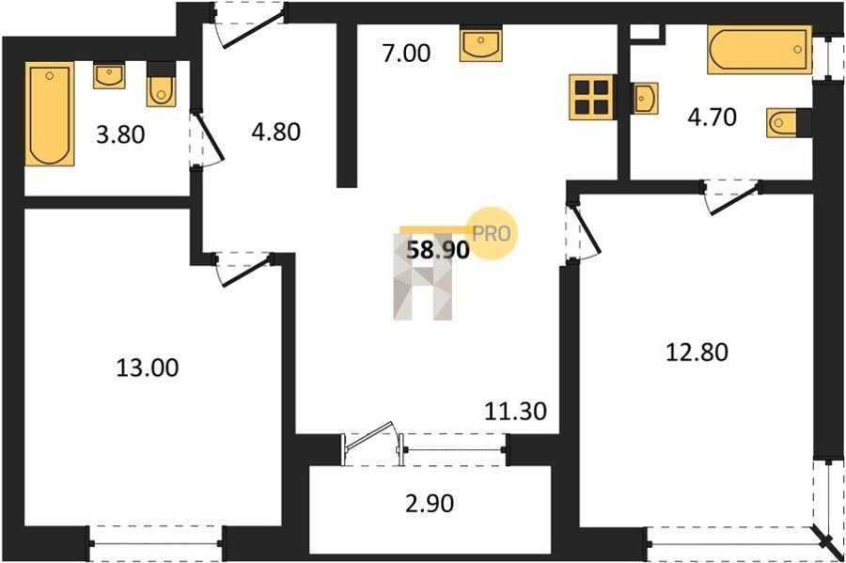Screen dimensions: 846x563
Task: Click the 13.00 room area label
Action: click(148, 368)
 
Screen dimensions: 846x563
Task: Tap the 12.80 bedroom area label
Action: click(697, 352)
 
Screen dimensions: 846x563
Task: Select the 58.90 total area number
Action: click(437, 250)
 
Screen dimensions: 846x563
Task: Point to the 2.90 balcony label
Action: click(430, 503)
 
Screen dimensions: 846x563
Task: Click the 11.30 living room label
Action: click(515, 412)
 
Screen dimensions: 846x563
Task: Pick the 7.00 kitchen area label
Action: click(406, 54)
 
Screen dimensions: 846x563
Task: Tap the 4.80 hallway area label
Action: click(275, 133)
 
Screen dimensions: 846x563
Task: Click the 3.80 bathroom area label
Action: click(120, 134)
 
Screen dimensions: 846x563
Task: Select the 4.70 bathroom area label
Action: click(713, 117)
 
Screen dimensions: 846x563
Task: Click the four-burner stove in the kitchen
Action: click(592, 97)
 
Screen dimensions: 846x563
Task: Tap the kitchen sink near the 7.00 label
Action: click(480, 43)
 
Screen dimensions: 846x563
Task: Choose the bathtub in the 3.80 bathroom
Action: click(50, 114)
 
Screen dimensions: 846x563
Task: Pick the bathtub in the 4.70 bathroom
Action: click(760, 50)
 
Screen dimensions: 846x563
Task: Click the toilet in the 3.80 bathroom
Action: click(162, 85)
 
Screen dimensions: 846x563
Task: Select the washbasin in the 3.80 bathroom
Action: click(110, 75)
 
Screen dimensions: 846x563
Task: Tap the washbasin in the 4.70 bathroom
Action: click(645, 98)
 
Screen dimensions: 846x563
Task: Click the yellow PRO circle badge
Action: click(491, 233)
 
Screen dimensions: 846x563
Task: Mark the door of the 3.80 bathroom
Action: click(209, 137)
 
